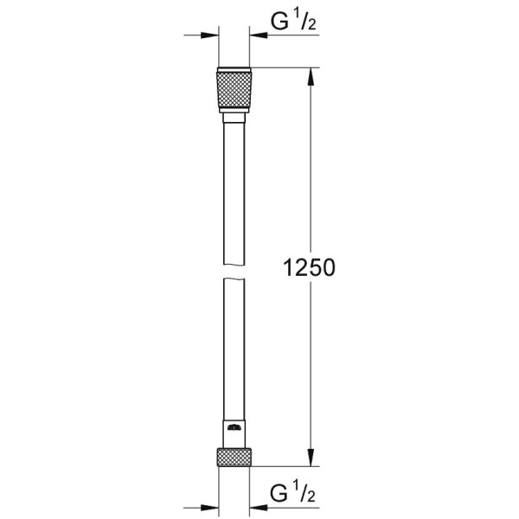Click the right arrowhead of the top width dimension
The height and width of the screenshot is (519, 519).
coord(258,35)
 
